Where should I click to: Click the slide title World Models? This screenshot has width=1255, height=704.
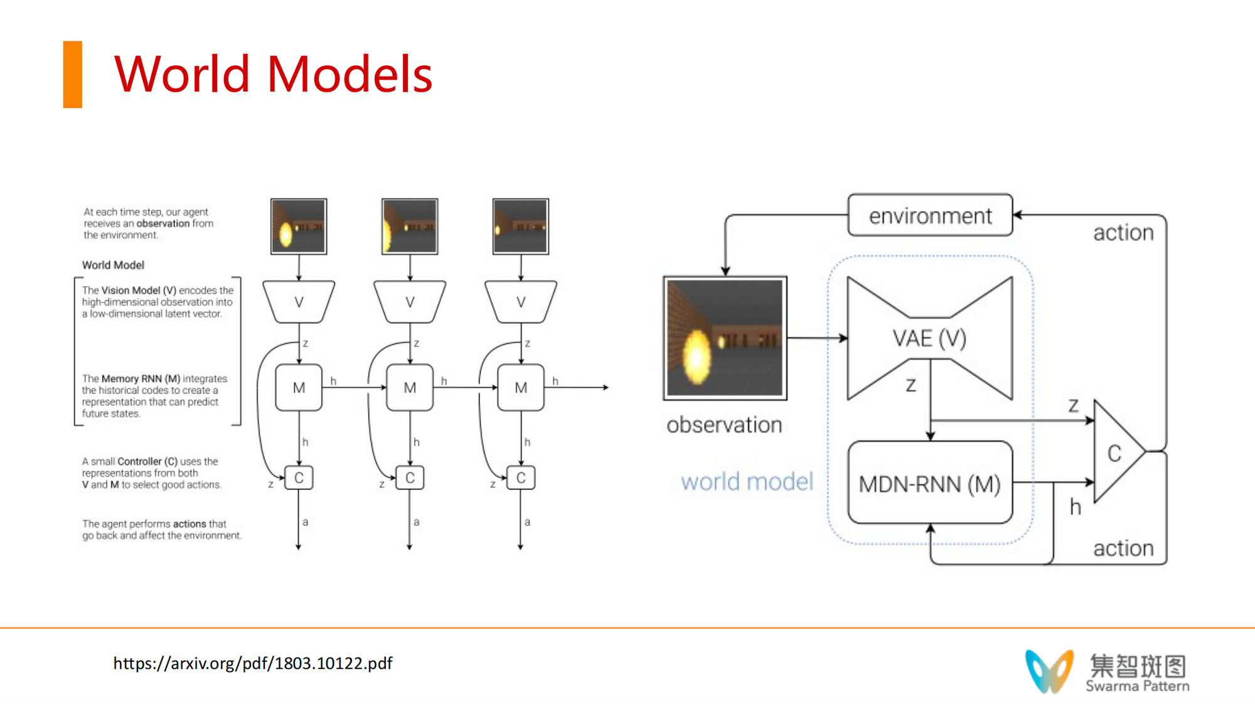tap(273, 74)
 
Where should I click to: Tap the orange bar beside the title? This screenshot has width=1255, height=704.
tap(72, 74)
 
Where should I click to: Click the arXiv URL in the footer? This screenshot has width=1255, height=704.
tap(252, 663)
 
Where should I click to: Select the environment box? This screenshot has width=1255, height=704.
tap(930, 215)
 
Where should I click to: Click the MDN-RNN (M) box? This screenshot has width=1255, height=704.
tap(929, 483)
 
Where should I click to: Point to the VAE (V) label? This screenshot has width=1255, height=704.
tap(929, 339)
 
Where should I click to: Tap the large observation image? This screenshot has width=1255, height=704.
tap(725, 338)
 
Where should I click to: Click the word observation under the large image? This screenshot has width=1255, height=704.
tap(724, 425)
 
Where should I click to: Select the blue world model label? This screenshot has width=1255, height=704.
tap(747, 482)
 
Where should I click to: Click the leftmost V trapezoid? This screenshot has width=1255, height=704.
tap(299, 302)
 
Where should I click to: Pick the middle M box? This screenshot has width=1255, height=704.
tap(410, 388)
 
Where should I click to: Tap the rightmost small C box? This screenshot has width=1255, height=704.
tap(521, 478)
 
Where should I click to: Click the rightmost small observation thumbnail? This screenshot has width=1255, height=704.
tap(521, 227)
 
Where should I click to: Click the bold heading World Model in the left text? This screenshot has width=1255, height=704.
tap(113, 265)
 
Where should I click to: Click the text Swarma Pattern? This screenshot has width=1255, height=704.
tap(1137, 686)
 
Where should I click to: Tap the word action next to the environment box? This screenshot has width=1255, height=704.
tap(1123, 233)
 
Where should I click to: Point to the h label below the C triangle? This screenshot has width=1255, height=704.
tap(1076, 507)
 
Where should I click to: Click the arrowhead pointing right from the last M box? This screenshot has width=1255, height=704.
tap(606, 388)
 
